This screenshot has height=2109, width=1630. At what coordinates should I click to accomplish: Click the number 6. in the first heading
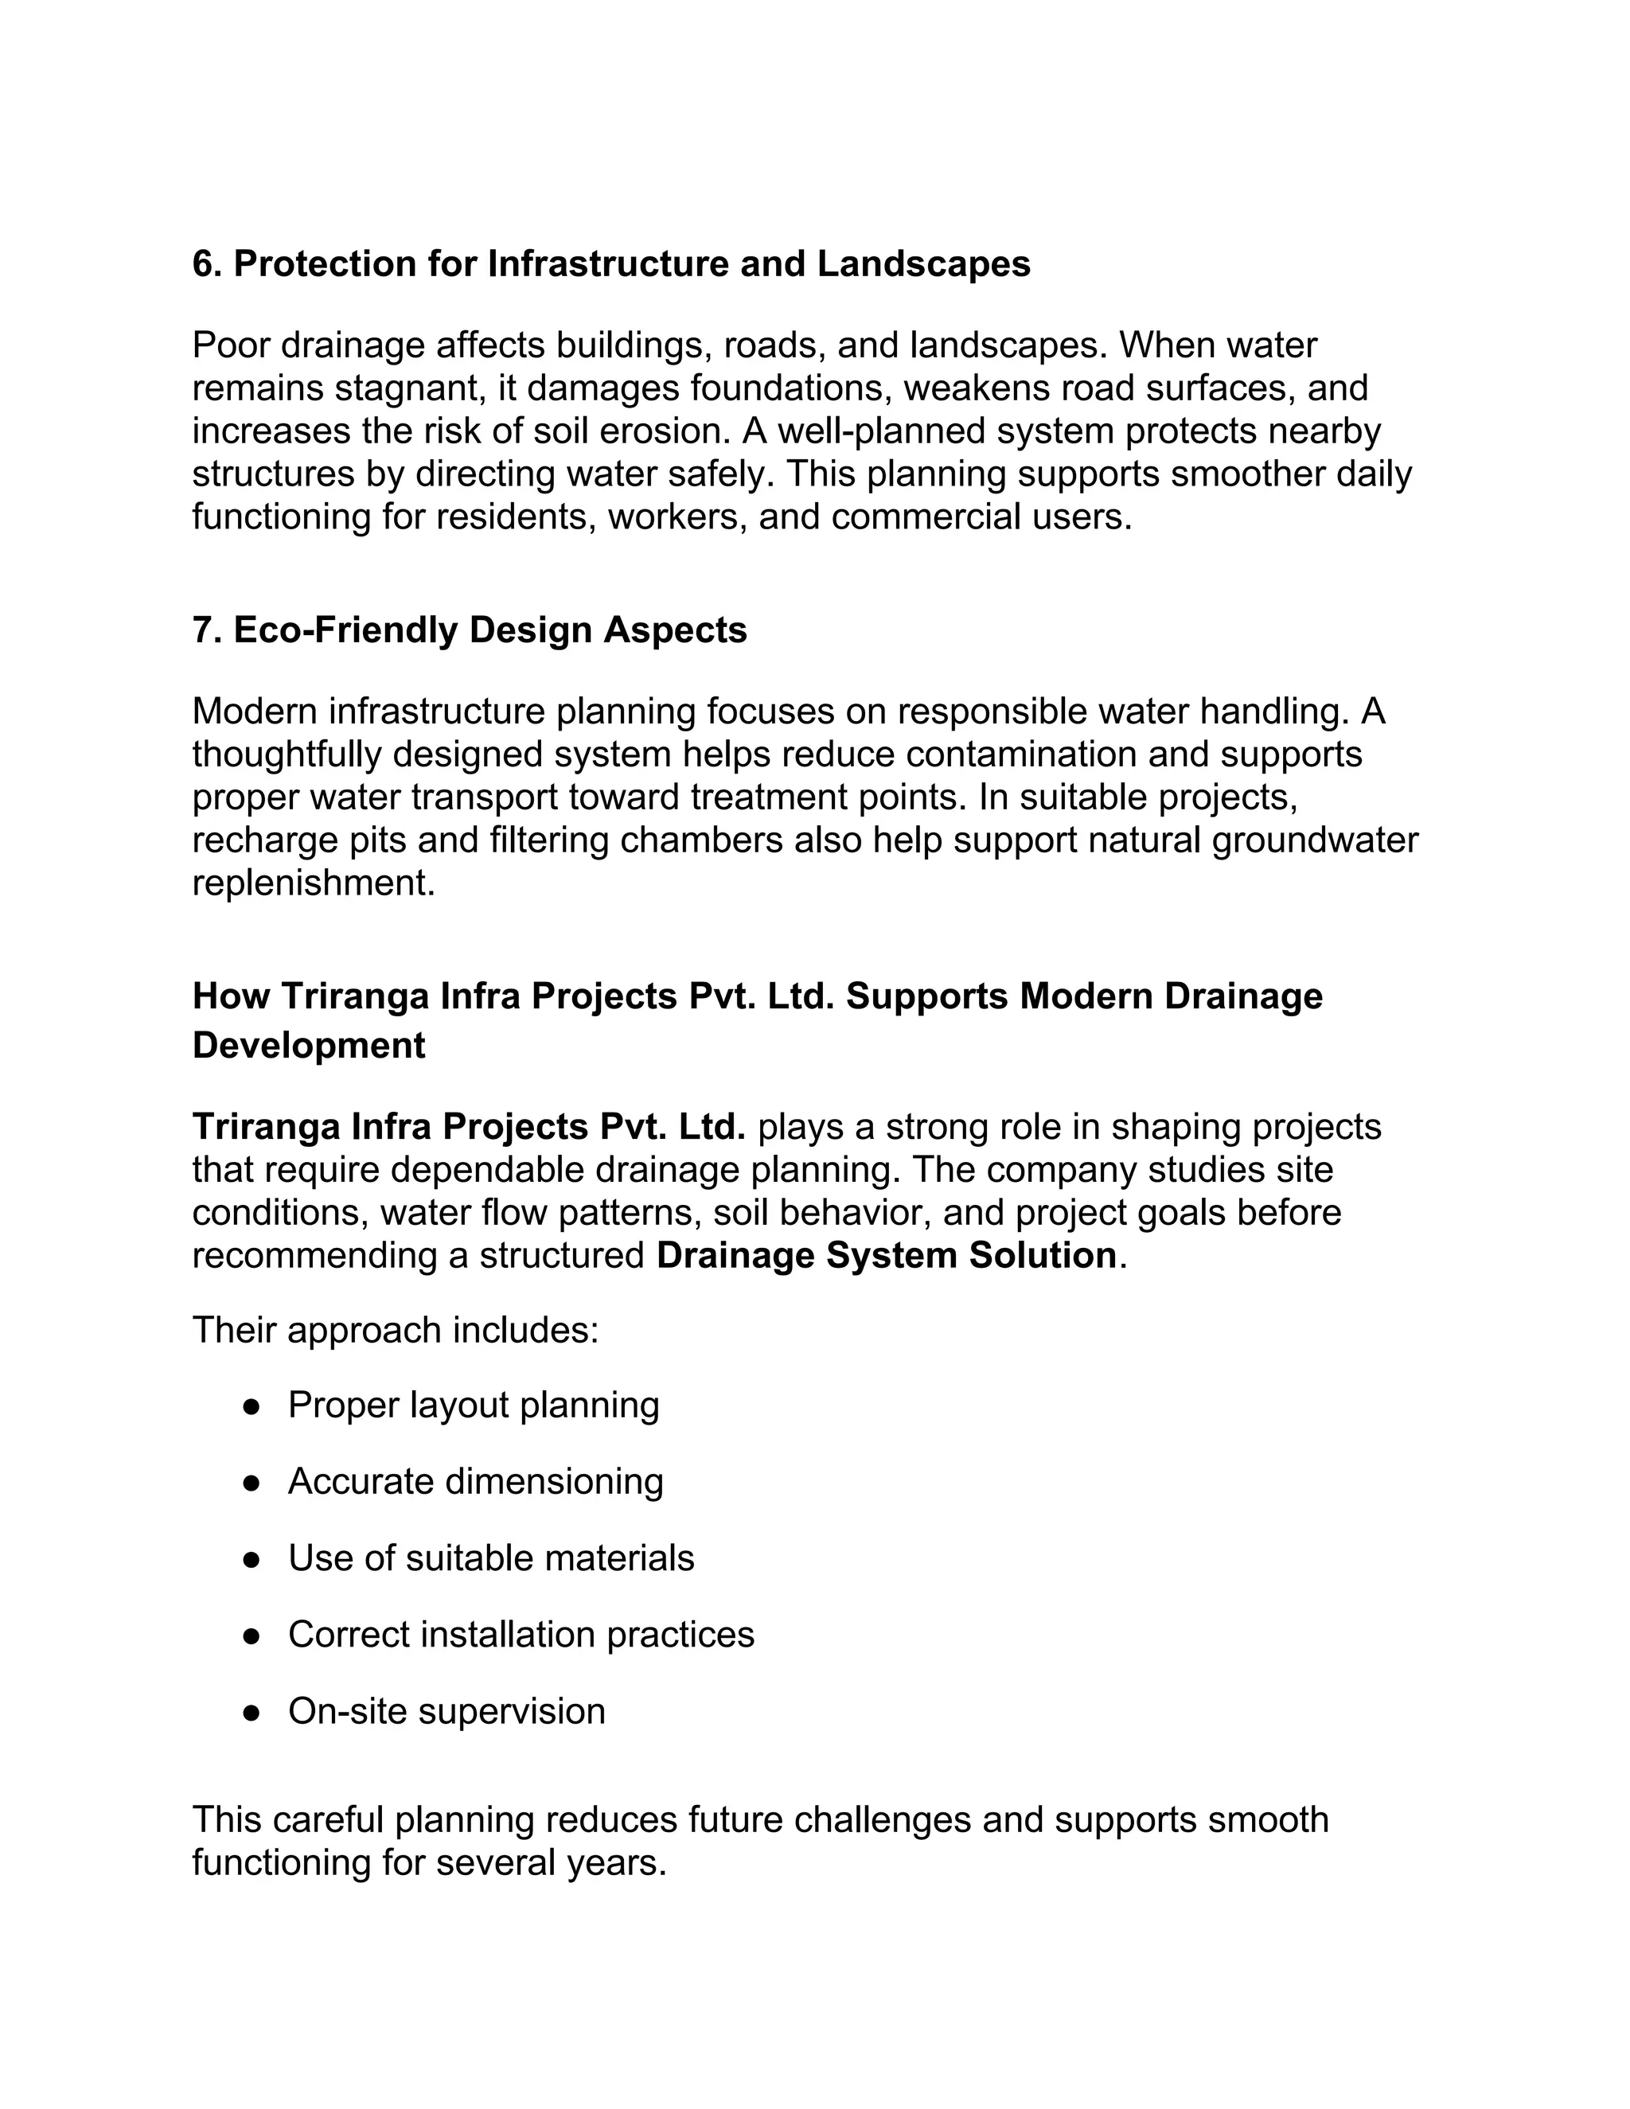207,263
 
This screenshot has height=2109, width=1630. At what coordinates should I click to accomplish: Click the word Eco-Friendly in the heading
345,630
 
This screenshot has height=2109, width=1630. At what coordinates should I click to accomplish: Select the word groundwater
1314,840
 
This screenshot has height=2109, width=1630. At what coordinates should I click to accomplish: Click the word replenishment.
313,883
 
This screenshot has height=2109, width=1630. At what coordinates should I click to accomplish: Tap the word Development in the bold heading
308,1046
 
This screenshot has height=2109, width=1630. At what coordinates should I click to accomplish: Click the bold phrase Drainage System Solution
886,1255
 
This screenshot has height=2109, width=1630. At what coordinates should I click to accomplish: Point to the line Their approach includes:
395,1330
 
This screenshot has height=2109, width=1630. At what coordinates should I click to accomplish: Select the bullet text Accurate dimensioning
475,1481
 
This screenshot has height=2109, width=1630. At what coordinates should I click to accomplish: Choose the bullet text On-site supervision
446,1711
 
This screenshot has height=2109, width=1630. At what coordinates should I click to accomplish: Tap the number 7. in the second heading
207,630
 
